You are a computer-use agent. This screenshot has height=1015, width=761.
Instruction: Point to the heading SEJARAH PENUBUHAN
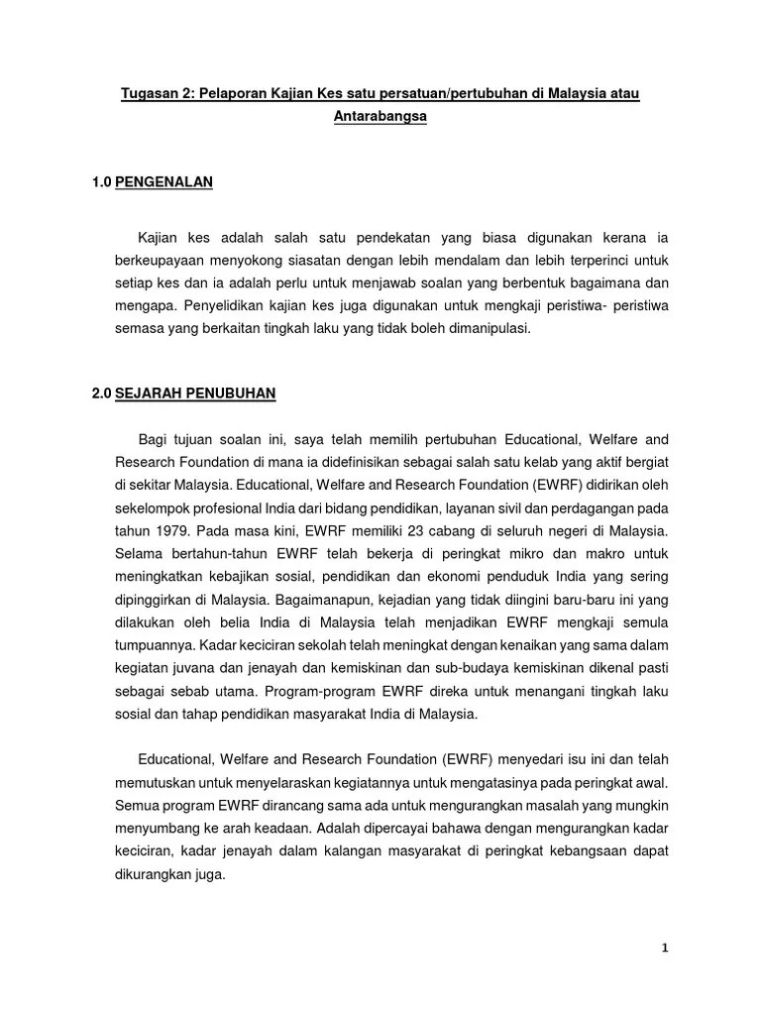click(195, 394)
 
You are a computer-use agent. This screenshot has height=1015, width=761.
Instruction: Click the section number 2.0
click(101, 394)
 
